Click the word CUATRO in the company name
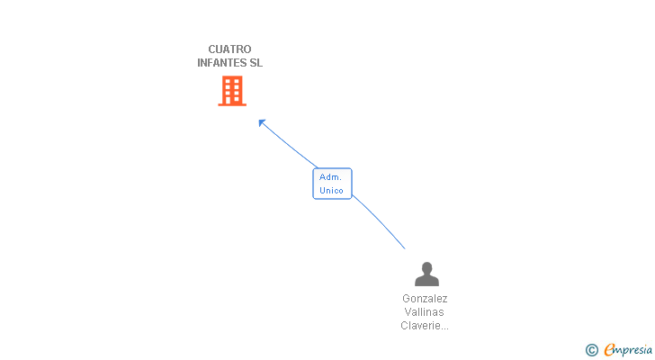(x=229, y=49)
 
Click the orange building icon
(x=232, y=91)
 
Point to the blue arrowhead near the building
(x=262, y=122)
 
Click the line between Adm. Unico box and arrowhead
(x=288, y=144)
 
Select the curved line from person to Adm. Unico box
(x=379, y=221)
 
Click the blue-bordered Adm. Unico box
(x=332, y=184)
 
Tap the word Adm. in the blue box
(x=330, y=177)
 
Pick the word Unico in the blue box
(x=331, y=191)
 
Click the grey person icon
(x=426, y=274)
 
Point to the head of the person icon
(x=426, y=267)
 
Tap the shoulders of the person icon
(x=426, y=281)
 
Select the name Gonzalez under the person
(x=425, y=299)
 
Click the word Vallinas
(x=424, y=312)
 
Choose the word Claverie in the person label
(x=419, y=326)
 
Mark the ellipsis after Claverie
(x=444, y=328)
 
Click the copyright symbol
(x=591, y=350)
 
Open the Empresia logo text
(x=628, y=350)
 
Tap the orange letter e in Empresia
(x=609, y=349)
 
